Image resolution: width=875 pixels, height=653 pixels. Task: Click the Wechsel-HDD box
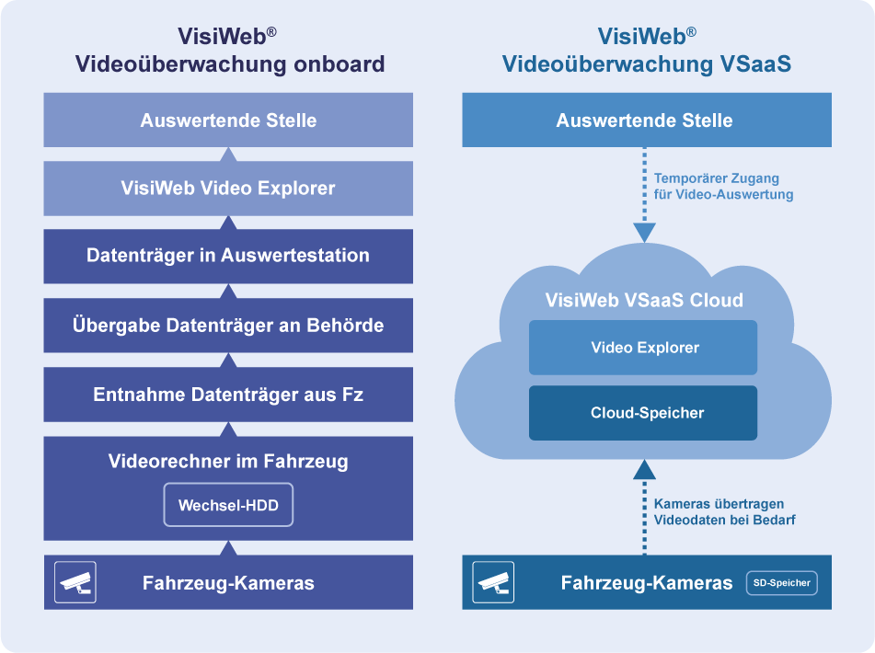coord(228,505)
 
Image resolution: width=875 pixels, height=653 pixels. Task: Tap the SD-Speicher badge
coord(781,582)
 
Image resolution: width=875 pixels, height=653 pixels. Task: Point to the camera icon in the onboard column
coord(75,582)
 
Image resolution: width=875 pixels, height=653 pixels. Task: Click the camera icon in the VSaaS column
coord(493,582)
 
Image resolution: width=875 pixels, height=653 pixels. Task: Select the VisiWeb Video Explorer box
coord(228,189)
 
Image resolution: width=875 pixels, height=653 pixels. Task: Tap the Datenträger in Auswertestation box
coord(228,256)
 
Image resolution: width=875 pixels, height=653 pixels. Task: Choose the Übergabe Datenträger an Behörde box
coord(228,325)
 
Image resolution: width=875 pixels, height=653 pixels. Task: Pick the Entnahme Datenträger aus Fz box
coord(228,395)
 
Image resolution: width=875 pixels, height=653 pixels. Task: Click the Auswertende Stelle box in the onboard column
coord(228,120)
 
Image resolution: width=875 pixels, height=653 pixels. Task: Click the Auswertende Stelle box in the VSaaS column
coord(645,120)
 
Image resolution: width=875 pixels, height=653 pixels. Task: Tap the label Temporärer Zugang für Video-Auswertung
coord(723,187)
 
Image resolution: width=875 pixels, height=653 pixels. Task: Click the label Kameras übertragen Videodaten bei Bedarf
coord(724,512)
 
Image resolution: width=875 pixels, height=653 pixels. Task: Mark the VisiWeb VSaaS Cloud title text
coord(644,301)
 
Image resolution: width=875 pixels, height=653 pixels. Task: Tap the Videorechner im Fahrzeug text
coord(228,462)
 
